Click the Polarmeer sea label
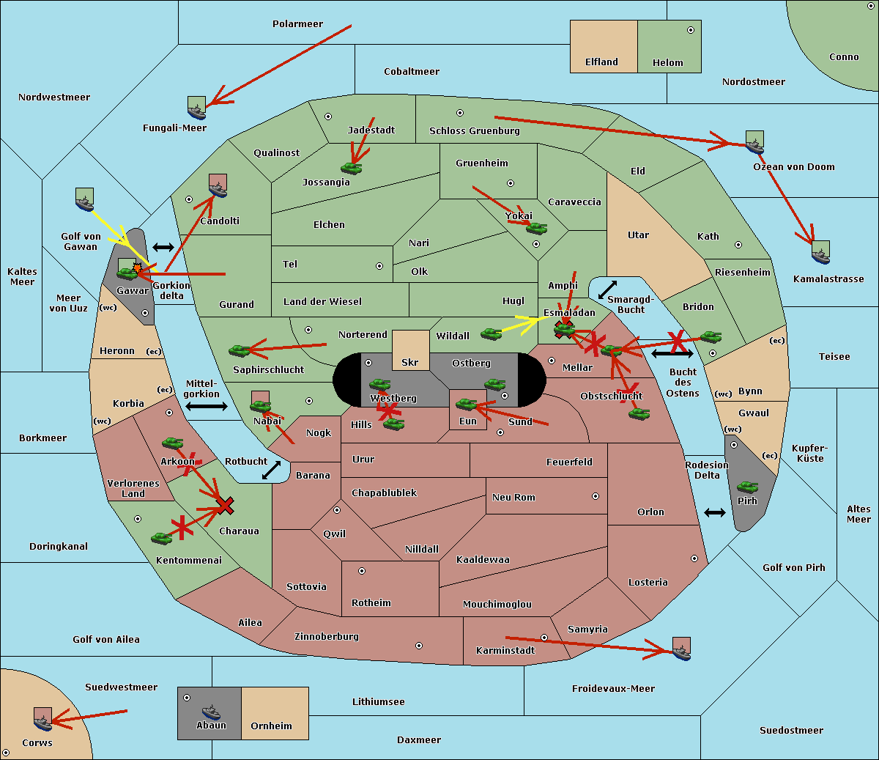[297, 24]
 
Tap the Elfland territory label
[601, 62]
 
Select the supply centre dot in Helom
[691, 30]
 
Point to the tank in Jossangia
[352, 168]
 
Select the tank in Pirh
[747, 487]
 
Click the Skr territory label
[410, 362]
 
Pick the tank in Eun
[466, 404]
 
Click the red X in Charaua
[225, 506]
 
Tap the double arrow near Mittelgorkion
[207, 406]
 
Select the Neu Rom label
[513, 498]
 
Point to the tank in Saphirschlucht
[239, 351]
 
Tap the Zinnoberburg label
[327, 637]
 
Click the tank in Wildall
[492, 334]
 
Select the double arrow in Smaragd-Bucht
[607, 289]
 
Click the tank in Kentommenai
[162, 538]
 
